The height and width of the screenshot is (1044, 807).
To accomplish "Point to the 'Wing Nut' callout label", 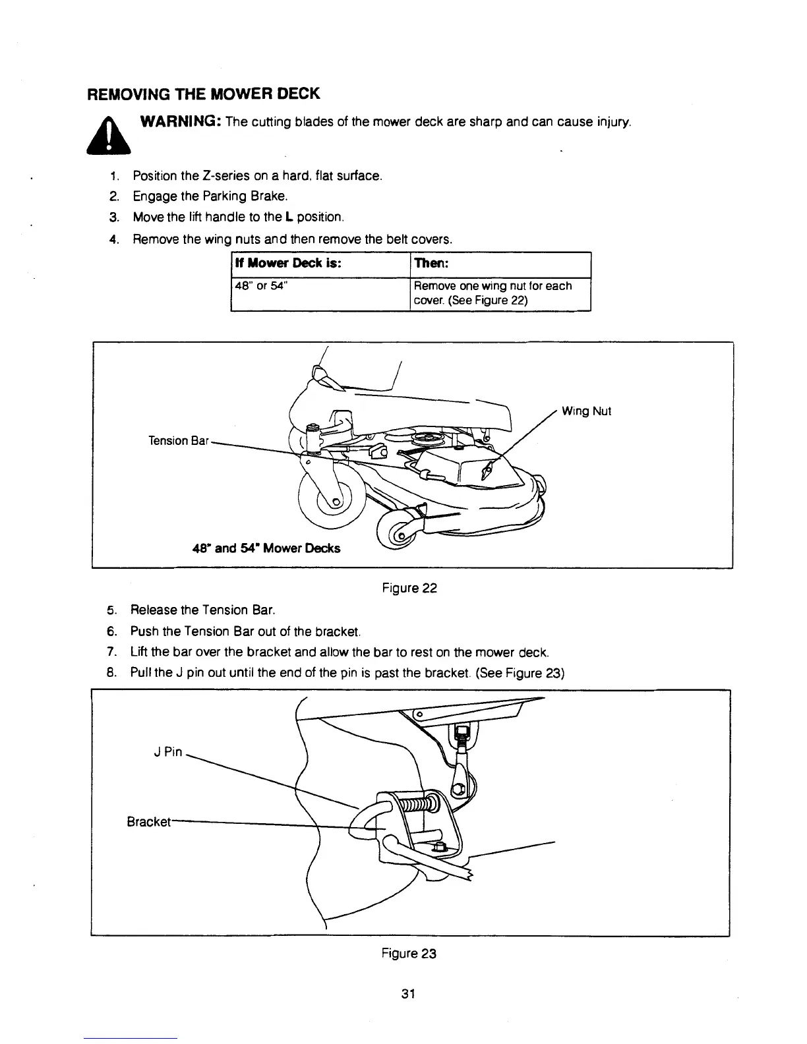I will (x=586, y=411).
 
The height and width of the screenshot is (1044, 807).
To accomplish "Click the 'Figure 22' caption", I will (x=409, y=588).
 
